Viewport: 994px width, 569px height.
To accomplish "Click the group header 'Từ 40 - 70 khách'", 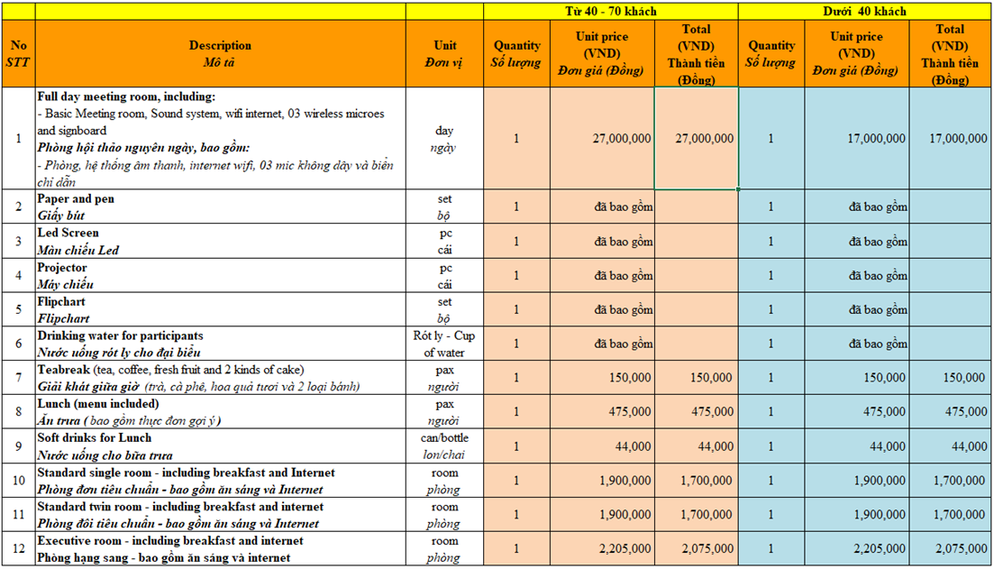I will [x=611, y=12].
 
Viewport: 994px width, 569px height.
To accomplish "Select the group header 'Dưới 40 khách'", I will [x=864, y=12].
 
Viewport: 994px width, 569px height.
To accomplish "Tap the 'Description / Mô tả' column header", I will [x=220, y=53].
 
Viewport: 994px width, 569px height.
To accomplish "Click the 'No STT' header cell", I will [x=18, y=53].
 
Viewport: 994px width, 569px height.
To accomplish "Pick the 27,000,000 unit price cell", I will [x=603, y=139].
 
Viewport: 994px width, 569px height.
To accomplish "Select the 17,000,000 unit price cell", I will [x=857, y=139].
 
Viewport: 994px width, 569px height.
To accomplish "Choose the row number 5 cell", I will [x=18, y=309].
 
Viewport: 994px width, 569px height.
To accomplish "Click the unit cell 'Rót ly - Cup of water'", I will [x=444, y=344].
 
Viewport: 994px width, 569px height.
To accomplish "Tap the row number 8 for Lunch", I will [x=18, y=412].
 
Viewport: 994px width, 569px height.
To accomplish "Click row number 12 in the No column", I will [x=18, y=549].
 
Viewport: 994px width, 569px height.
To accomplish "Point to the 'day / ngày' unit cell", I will [x=444, y=139].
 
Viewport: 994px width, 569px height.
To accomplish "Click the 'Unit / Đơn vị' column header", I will [x=444, y=53].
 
